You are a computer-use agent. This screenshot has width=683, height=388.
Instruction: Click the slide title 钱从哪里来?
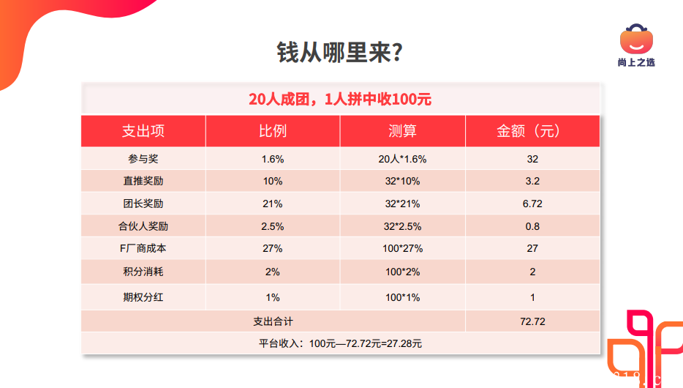point(341,53)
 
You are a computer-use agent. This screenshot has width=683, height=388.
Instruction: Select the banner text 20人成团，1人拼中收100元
point(340,99)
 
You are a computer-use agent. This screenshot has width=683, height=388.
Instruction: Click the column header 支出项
point(143,131)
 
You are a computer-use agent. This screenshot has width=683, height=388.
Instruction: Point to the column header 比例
point(272,131)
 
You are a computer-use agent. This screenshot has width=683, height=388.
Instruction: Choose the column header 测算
point(402,131)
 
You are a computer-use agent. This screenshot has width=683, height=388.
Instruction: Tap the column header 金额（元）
point(532,131)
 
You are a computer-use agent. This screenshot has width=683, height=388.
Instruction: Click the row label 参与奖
point(143,159)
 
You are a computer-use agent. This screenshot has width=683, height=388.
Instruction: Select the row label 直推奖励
point(143,182)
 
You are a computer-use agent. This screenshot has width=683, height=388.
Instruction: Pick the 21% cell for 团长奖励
point(272,204)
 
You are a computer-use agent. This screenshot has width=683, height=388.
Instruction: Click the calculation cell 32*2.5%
point(402,226)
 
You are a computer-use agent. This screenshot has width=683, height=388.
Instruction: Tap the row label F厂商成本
point(143,248)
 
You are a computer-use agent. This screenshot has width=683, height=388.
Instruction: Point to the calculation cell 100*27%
point(402,248)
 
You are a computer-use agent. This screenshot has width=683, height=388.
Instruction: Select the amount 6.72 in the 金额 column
point(532,204)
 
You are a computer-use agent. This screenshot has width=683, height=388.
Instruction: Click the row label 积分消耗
point(143,272)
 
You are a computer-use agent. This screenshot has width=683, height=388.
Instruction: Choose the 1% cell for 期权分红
point(272,297)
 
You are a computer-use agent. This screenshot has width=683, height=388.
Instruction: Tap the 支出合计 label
point(272,321)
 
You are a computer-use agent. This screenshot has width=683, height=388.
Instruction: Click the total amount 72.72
point(532,321)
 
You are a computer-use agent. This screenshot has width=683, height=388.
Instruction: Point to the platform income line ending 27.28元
point(340,343)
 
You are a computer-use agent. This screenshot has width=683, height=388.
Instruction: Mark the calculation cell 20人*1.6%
point(402,159)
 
